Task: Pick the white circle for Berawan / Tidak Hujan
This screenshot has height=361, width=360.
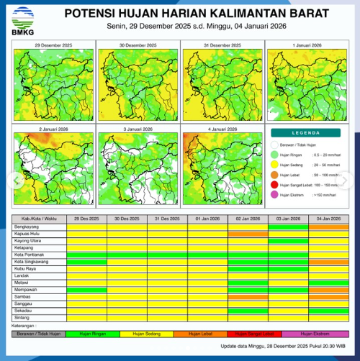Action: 276,144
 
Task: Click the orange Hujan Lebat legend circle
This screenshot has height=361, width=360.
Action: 276,175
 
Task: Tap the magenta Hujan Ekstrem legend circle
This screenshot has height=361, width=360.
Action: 276,194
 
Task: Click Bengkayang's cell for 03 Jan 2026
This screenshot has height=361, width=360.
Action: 288,226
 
